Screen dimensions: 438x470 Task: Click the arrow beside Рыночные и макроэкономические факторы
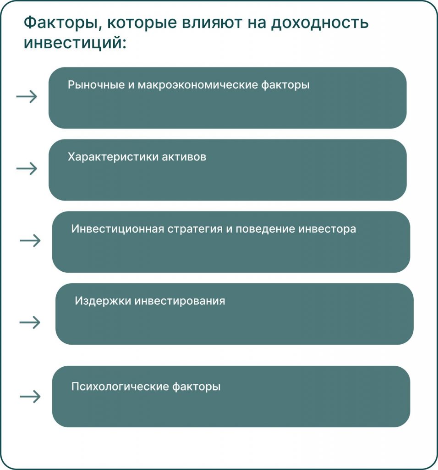point(27,96)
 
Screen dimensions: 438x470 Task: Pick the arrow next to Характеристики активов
point(27,168)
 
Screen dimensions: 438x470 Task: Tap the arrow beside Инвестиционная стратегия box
point(30,241)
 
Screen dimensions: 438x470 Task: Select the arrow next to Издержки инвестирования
point(30,322)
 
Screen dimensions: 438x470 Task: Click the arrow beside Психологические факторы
point(30,397)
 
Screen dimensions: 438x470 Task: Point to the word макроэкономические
point(197,85)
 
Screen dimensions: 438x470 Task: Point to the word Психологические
point(120,386)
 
